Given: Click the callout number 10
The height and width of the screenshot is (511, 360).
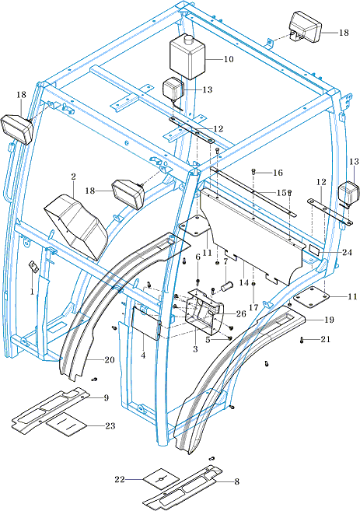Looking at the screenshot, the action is point(229,59).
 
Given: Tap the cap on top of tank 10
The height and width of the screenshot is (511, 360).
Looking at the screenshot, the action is point(188,39).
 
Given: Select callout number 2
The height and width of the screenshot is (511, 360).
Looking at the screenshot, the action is point(73,177).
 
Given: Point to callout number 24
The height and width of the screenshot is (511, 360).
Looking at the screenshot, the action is point(348,253).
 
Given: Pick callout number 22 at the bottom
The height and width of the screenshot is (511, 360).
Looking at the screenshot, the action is point(120,479).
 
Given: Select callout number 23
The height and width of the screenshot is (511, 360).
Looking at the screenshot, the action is point(110,425).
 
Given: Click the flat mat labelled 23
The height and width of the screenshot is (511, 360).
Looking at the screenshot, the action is point(67,424).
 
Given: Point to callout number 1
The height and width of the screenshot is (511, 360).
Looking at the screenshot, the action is point(32,291).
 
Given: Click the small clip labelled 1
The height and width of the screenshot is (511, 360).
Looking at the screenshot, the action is point(33,266).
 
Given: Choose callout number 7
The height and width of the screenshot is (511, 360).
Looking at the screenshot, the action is point(225,261).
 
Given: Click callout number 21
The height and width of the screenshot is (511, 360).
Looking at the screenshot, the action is point(326,339).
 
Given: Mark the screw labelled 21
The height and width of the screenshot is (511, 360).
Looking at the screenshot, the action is point(302,341).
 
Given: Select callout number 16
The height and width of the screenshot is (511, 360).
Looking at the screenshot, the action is point(278,173).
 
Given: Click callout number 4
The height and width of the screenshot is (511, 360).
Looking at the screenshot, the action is point(143,355).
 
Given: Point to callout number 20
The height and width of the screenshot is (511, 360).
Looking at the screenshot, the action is point(110,360).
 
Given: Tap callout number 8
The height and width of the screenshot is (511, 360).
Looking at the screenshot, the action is point(236,481).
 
